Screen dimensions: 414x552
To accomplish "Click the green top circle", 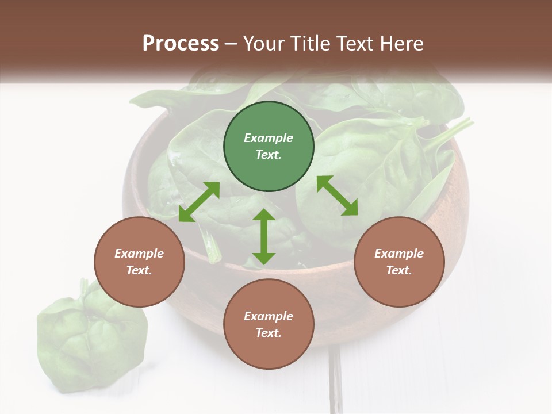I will click(269, 147).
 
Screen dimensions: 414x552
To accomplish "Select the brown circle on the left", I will click(139, 262).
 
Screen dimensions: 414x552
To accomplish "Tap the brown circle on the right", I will click(399, 262).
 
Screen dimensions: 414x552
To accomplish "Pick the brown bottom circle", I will click(269, 324).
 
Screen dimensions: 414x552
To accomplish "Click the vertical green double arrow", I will click(264, 236).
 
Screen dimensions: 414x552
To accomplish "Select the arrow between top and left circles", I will click(199, 202).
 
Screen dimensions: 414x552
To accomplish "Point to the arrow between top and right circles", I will click(338, 195).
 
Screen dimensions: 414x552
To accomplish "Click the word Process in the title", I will click(181, 43).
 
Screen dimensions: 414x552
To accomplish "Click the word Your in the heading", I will click(264, 43).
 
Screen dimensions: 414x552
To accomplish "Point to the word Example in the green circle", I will click(269, 138).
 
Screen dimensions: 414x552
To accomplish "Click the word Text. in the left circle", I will click(139, 270).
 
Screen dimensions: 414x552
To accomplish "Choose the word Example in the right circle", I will click(399, 254).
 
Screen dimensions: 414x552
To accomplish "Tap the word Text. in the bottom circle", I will click(269, 333).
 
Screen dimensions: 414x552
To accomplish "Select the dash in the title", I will click(231, 44).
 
